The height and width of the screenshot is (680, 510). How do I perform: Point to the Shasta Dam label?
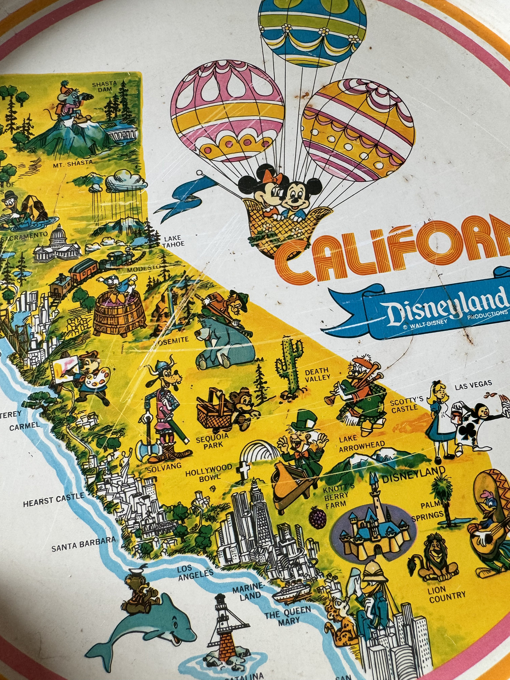point(104,86)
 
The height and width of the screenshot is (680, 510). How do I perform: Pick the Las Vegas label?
point(474,384)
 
